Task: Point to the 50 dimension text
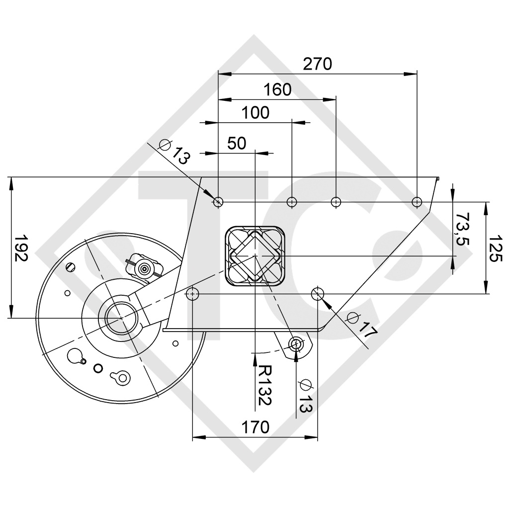237,143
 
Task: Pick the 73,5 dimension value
463,229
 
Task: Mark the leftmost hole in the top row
218,202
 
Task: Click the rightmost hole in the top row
417,202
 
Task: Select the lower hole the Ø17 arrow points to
317,294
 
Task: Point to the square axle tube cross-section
254,256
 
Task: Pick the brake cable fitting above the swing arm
145,267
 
